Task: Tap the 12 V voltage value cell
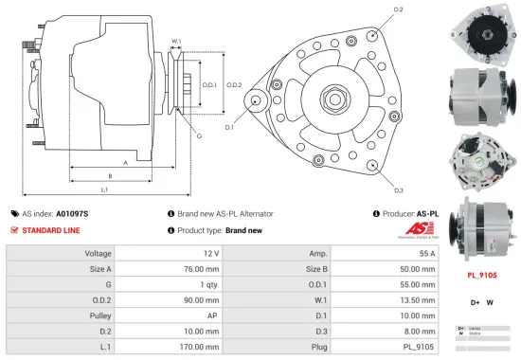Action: [x=210, y=254]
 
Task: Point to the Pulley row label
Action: [x=99, y=315]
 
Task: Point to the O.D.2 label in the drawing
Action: [x=234, y=84]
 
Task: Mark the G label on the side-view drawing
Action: [x=199, y=136]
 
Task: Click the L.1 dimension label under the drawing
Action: [x=104, y=191]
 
